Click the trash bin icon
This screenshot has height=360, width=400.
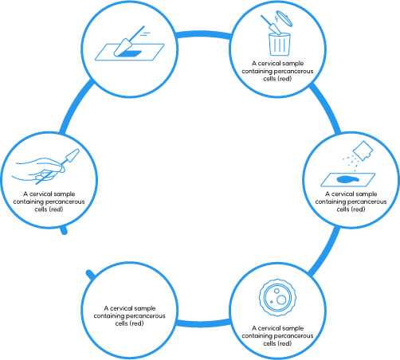point(280,44)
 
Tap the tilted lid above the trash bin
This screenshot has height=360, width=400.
point(284,18)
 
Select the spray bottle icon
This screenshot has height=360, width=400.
point(363,151)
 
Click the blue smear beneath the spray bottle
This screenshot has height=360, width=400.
point(347,180)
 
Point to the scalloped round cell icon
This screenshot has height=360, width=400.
point(277,297)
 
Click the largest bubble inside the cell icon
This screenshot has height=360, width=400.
point(281,299)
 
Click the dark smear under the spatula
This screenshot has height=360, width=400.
point(129,53)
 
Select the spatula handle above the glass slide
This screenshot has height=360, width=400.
point(138,33)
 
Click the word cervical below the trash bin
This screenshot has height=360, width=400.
point(270,63)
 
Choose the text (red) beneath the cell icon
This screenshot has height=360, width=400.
point(284,343)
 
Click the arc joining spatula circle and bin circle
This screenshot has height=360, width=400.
point(203,34)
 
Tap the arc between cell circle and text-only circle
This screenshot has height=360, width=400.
point(203,323)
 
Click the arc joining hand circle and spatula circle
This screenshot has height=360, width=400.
point(74,105)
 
